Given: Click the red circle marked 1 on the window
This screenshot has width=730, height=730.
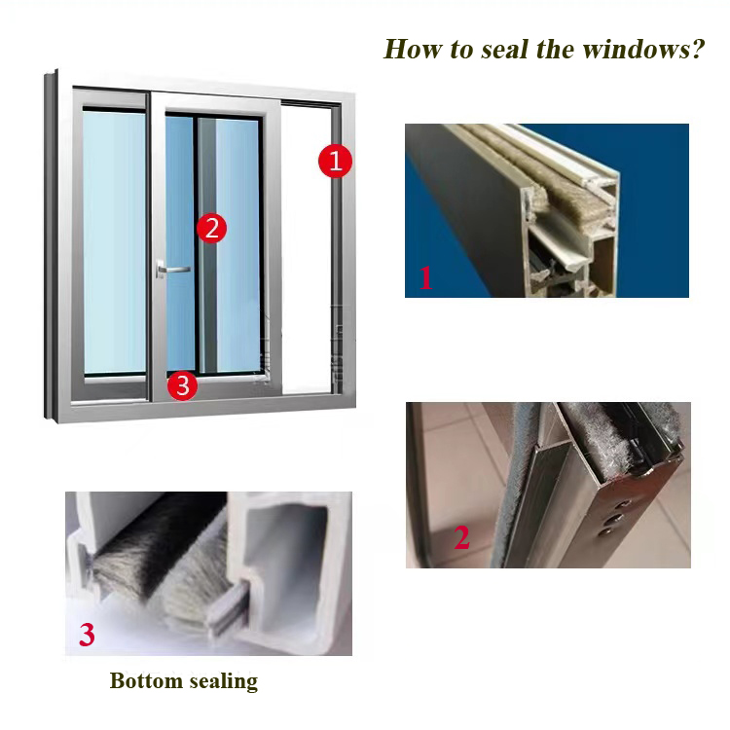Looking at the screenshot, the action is click(335, 161).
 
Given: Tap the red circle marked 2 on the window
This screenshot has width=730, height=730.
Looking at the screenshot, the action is click(212, 228).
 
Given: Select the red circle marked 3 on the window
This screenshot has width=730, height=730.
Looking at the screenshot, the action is click(183, 385).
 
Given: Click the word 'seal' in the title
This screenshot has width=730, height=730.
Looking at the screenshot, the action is click(504, 49).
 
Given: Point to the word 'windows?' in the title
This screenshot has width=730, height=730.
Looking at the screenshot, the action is click(644, 49).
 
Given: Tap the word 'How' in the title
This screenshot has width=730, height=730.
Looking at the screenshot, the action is click(413, 49).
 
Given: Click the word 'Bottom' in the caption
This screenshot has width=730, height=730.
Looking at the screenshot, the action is click(146, 680).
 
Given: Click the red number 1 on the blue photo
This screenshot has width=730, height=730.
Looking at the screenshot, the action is click(425, 278).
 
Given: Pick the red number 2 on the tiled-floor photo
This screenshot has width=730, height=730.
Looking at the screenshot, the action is click(461, 537).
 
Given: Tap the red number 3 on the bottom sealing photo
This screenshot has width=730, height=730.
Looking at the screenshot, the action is click(87, 634).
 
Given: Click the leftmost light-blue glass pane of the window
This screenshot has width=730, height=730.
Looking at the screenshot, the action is click(115, 242).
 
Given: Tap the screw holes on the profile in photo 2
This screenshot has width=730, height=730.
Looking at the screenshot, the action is click(614, 519).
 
